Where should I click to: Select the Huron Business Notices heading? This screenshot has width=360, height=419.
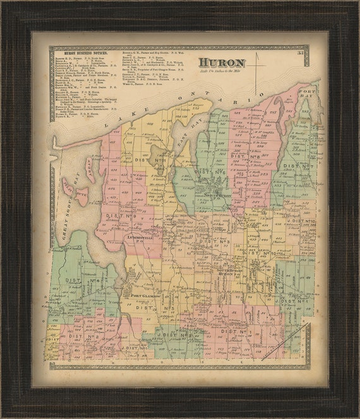pos(81,54)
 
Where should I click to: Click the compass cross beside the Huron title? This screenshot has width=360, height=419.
pos(256,63)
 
